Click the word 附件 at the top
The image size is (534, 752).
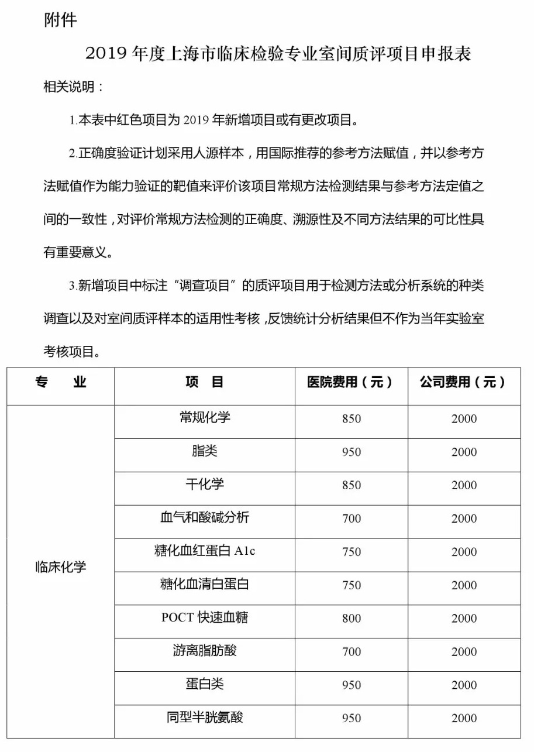coord(60,20)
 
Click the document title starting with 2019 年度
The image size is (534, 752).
coord(278,54)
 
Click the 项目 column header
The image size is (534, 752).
coord(205,383)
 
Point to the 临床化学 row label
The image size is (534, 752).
coord(61,567)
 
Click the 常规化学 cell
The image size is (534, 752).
coord(205,418)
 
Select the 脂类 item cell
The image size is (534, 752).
coord(205,451)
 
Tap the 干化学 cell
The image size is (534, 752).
coord(205,485)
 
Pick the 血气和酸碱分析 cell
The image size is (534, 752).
coord(205,518)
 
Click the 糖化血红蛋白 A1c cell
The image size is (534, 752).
coord(205,551)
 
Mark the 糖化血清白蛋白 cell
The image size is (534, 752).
coord(205,585)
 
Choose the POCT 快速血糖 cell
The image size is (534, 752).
coord(205,618)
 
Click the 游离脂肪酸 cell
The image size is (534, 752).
coord(205,651)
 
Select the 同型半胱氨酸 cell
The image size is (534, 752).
coord(205,717)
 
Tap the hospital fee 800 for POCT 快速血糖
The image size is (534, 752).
coord(352,619)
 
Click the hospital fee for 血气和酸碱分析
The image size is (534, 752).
coord(352,518)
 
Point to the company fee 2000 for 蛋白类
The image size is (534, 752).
coord(464,685)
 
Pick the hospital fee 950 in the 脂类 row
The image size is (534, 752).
coord(352,452)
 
